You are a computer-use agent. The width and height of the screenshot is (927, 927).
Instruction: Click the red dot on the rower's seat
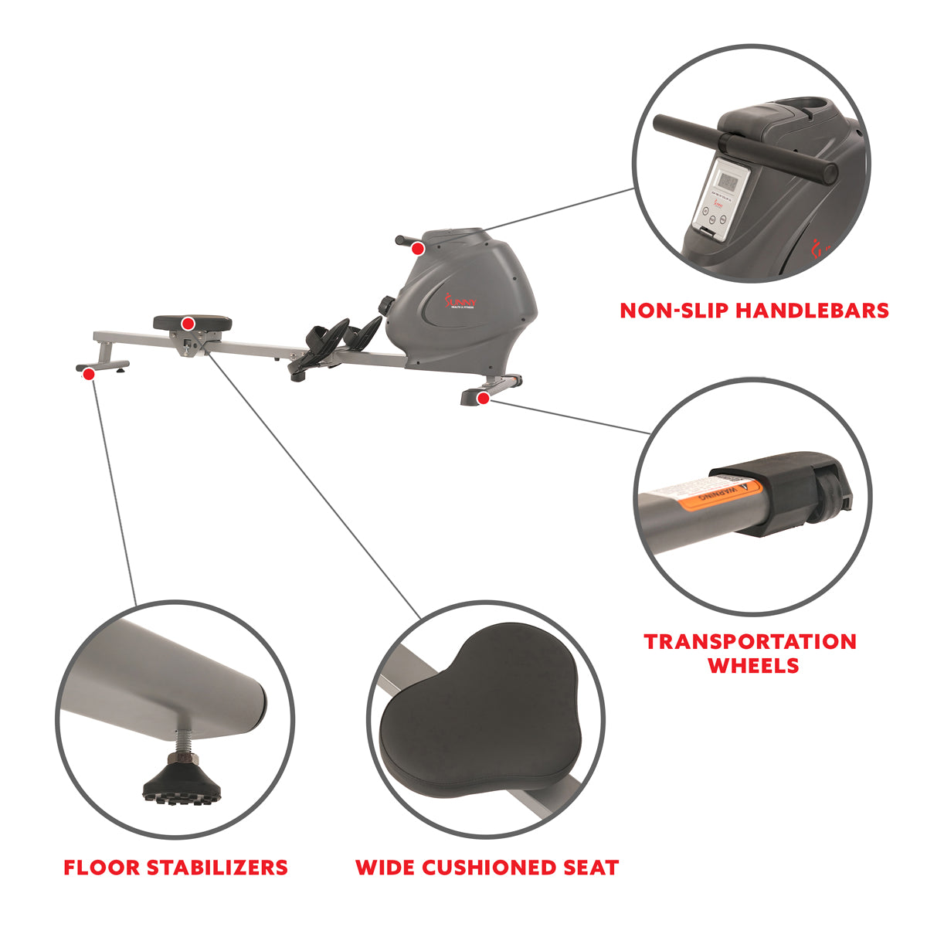coord(187,322)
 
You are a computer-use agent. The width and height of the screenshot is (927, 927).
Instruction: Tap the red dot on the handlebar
coord(417,248)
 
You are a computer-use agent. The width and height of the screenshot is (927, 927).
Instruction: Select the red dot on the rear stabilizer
coord(89,374)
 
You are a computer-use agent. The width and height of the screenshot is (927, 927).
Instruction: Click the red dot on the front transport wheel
coord(483,398)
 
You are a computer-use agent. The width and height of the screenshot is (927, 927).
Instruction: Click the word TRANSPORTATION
coord(750,641)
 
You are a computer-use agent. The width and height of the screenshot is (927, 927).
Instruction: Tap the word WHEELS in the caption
coord(753,666)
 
